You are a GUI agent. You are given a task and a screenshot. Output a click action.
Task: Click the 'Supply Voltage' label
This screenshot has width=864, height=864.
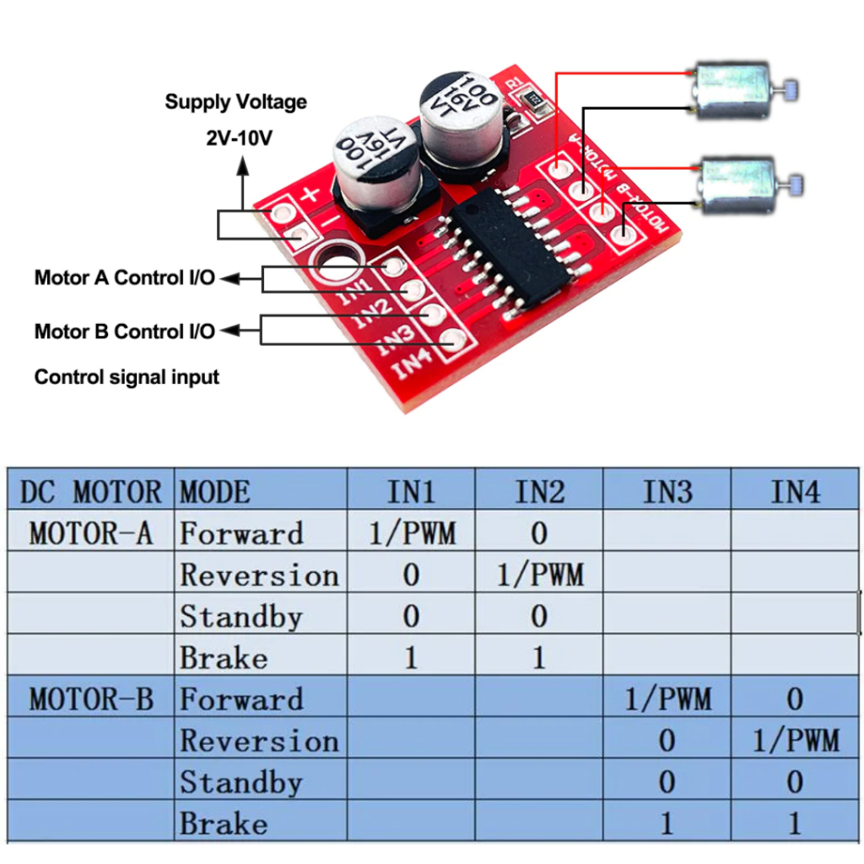pyautogui.click(x=236, y=102)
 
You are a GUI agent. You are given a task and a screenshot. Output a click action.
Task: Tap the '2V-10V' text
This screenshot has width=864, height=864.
pyautogui.click(x=239, y=138)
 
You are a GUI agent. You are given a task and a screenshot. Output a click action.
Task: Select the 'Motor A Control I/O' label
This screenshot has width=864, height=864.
pyautogui.click(x=125, y=278)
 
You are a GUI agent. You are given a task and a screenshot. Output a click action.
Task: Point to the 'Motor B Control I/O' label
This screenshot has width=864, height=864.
pyautogui.click(x=125, y=332)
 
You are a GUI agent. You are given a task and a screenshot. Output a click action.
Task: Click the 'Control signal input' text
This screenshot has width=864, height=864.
pyautogui.click(x=127, y=377)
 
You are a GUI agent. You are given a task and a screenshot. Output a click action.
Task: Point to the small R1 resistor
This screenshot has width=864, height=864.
pyautogui.click(x=533, y=100)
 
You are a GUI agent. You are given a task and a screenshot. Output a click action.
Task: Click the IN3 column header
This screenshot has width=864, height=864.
pyautogui.click(x=667, y=491)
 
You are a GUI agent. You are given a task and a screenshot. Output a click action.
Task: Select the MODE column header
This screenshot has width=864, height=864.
pyautogui.click(x=215, y=491)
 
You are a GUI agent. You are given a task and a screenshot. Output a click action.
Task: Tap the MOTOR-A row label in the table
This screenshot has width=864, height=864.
pyautogui.click(x=91, y=533)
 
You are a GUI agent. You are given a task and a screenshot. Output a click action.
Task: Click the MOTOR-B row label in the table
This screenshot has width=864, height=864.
pyautogui.click(x=91, y=699)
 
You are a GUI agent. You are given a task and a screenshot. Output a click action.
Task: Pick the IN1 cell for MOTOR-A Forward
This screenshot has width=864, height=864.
pyautogui.click(x=412, y=533)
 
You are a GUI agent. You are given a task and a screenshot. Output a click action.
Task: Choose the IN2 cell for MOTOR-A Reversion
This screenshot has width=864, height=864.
pyautogui.click(x=539, y=575)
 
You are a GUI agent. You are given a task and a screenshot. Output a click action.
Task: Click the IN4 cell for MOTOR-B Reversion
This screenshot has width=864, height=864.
pyautogui.click(x=795, y=740)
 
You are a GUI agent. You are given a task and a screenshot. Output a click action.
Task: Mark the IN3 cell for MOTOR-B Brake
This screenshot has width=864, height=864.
pyautogui.click(x=667, y=823)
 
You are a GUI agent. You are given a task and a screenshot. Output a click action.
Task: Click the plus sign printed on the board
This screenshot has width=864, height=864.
pyautogui.click(x=310, y=195)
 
